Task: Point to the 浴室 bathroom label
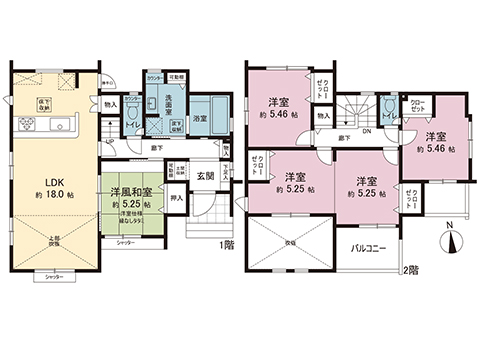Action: [200, 118]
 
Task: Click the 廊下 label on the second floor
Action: [343, 138]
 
